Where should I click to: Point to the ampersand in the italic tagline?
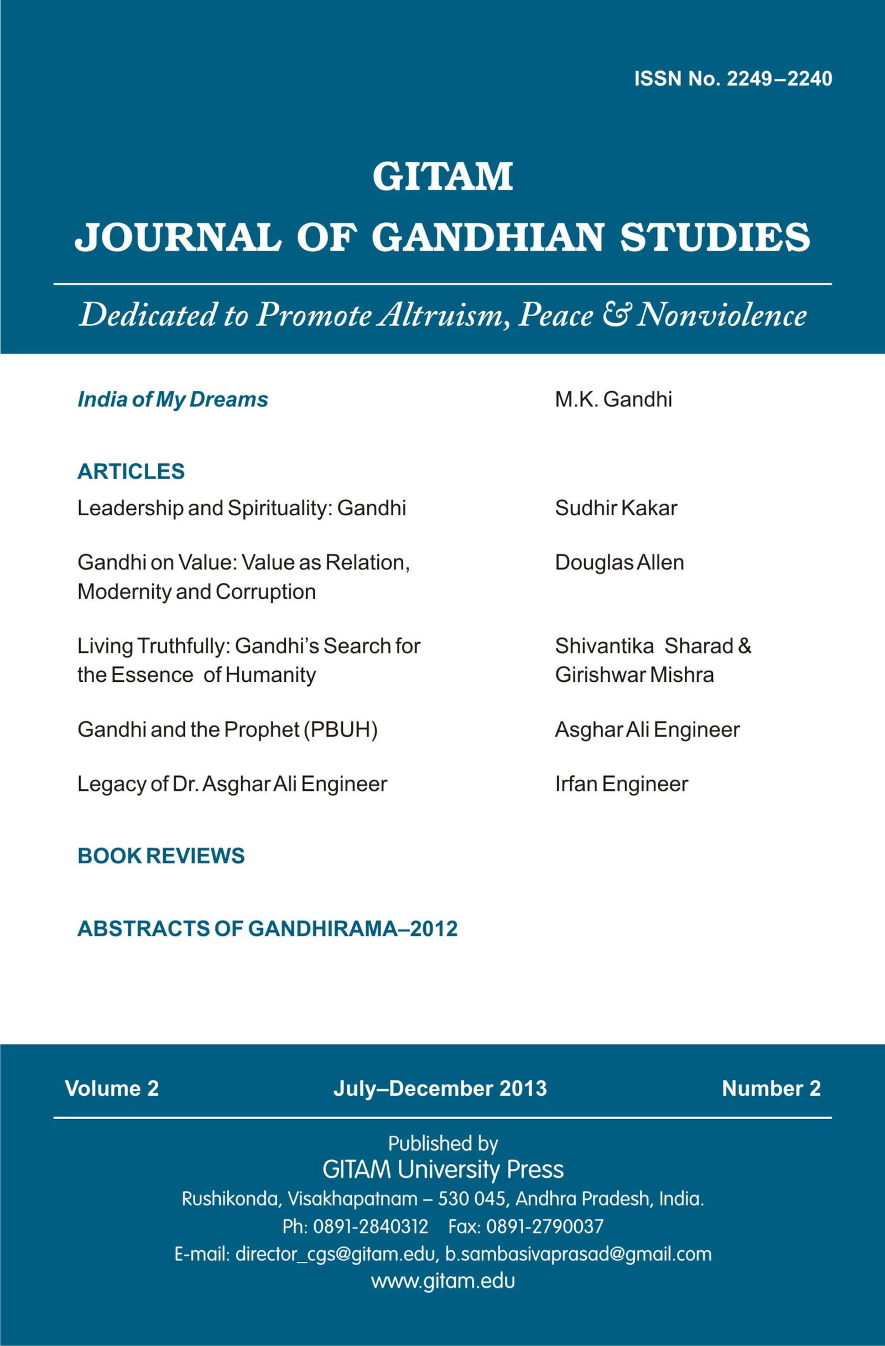[616, 315]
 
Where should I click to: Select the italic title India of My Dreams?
[173, 400]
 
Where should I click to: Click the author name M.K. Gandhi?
[613, 400]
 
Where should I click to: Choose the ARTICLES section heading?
[131, 472]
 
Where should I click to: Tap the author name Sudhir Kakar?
[616, 509]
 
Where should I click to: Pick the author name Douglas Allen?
[619, 563]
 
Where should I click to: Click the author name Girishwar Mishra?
[634, 675]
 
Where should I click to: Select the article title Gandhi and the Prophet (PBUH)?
[227, 730]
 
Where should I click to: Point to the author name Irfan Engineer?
[621, 784]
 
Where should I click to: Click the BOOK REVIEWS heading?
[161, 856]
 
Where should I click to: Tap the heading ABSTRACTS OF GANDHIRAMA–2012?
[267, 929]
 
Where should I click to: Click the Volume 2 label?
[112, 1089]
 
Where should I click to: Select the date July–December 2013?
[440, 1089]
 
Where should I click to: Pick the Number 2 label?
[771, 1089]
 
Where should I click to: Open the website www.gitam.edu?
[442, 1281]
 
